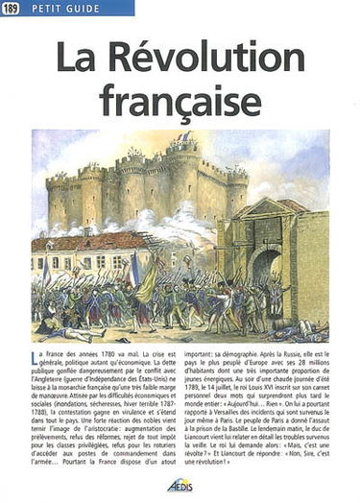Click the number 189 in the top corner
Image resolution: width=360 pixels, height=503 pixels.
click(12, 9)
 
